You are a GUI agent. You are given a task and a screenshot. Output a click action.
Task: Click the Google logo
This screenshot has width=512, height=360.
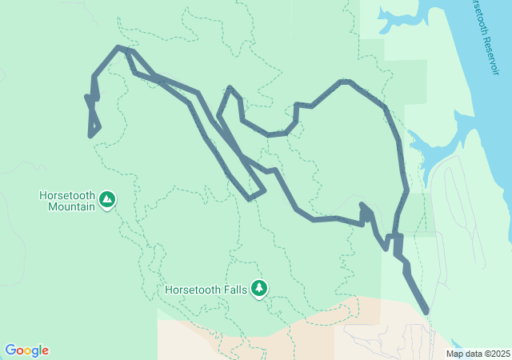pos(26,350)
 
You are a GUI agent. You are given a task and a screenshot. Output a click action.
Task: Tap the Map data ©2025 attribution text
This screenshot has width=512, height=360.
pos(477,354)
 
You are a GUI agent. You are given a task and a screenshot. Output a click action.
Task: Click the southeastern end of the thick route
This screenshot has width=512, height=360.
pos(426,310)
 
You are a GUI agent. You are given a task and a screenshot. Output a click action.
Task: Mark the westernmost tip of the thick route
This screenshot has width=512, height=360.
pos(86,97)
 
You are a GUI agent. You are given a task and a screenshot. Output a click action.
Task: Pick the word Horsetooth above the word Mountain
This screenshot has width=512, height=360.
pos(66,194)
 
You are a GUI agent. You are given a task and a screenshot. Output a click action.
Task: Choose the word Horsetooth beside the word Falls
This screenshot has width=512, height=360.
pos(192,290)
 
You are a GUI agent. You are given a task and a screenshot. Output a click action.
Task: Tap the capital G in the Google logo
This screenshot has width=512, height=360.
pos(10,350)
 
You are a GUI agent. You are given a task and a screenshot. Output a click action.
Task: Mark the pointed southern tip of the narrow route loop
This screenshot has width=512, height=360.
pos(250,198)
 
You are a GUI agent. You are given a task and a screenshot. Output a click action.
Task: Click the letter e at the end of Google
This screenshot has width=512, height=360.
pos(46,351)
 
